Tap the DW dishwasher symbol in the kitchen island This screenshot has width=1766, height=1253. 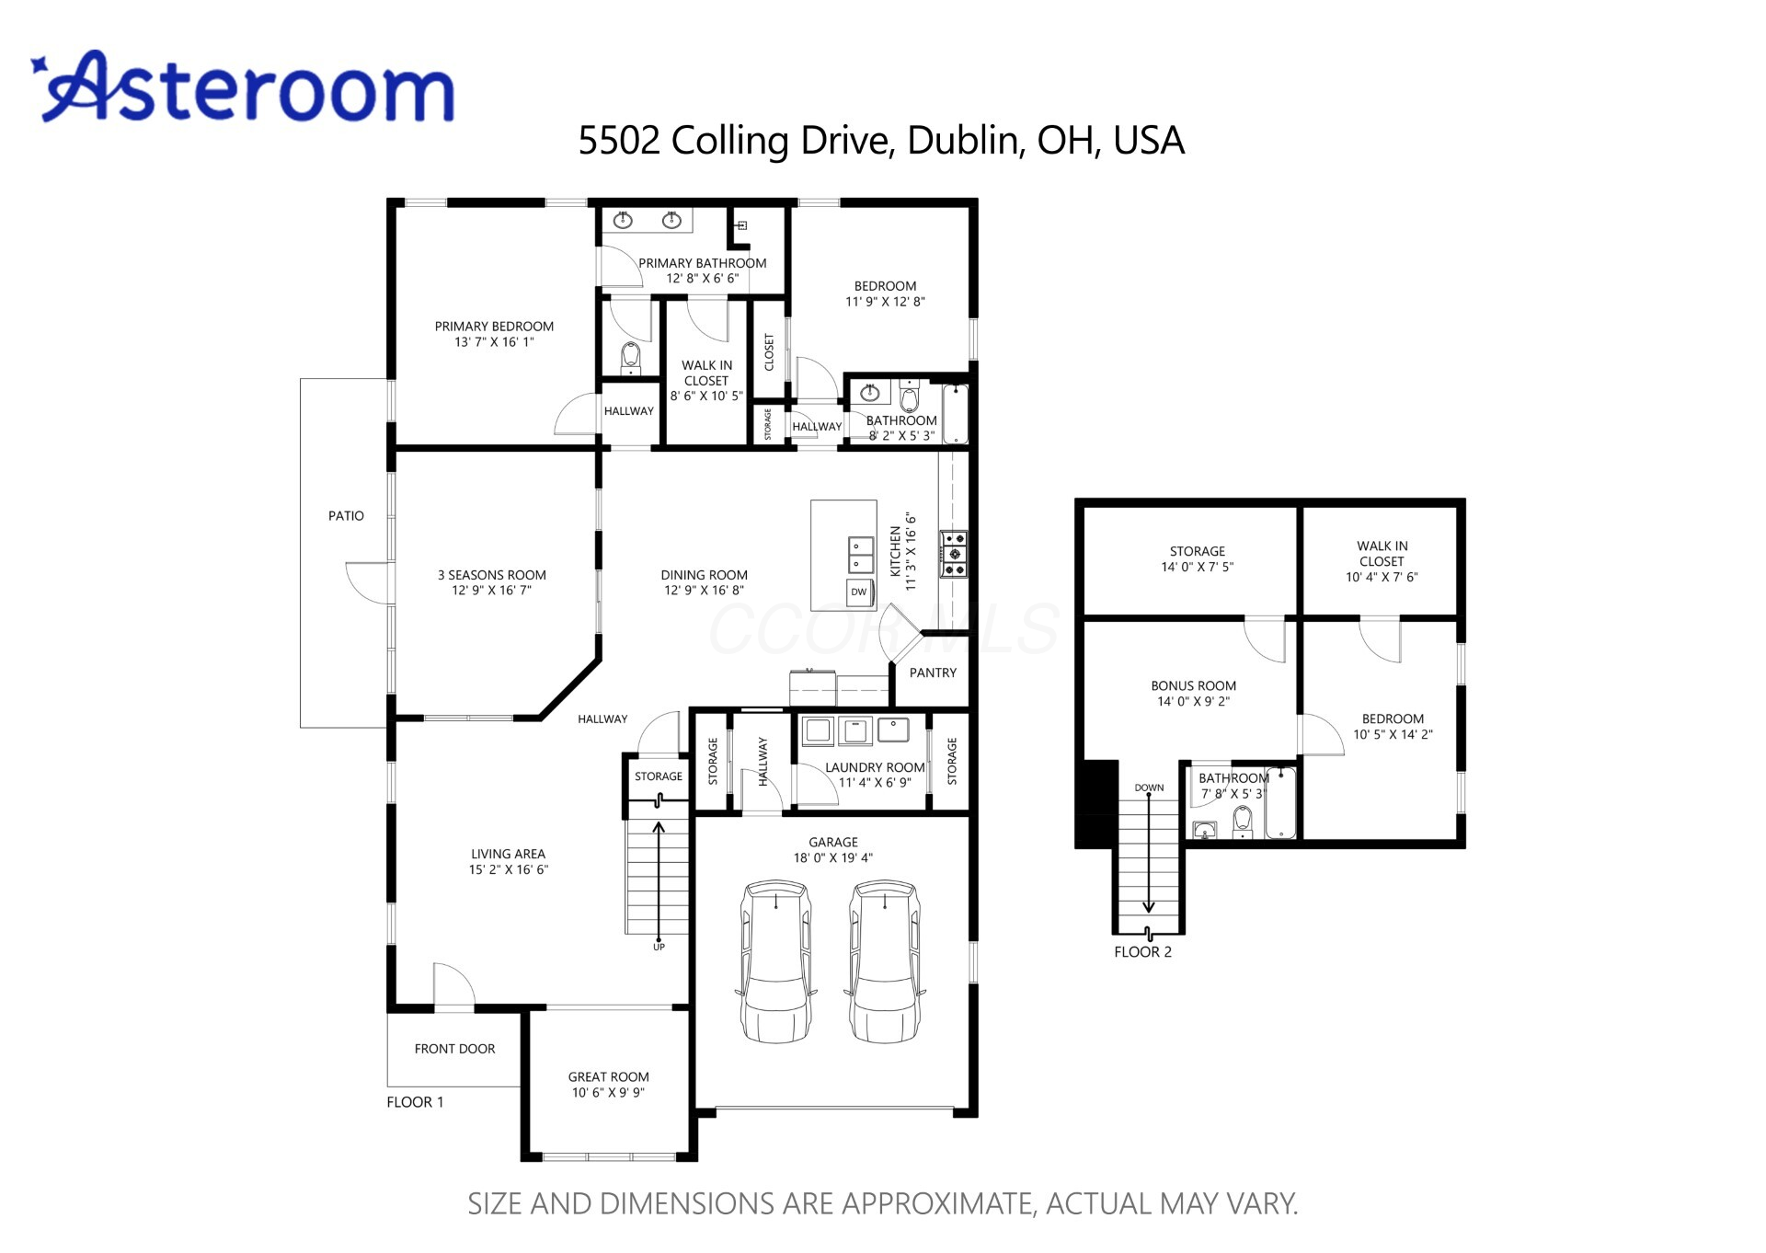click(x=859, y=592)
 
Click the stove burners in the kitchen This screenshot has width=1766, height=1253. click(x=953, y=554)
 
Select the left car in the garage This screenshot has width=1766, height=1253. click(x=776, y=961)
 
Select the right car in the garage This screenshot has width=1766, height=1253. click(x=884, y=961)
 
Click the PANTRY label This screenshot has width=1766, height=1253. click(x=933, y=672)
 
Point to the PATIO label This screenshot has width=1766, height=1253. click(x=346, y=516)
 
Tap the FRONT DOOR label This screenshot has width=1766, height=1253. click(x=454, y=1049)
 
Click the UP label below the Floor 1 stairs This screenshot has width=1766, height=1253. click(x=659, y=947)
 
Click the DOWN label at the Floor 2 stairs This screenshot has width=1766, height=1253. click(x=1149, y=787)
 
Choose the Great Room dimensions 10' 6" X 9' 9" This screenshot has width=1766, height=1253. click(x=608, y=1093)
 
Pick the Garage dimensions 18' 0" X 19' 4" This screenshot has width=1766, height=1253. click(x=832, y=857)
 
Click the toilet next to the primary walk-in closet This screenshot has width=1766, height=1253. click(x=631, y=357)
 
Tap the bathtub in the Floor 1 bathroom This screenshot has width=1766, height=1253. click(x=955, y=414)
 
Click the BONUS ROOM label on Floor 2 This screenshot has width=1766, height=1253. click(x=1193, y=685)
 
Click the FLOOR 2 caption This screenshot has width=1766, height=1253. click(x=1142, y=952)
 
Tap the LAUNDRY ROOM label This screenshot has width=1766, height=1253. click(x=875, y=767)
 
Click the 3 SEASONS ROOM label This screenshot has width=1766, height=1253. click(x=491, y=575)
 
